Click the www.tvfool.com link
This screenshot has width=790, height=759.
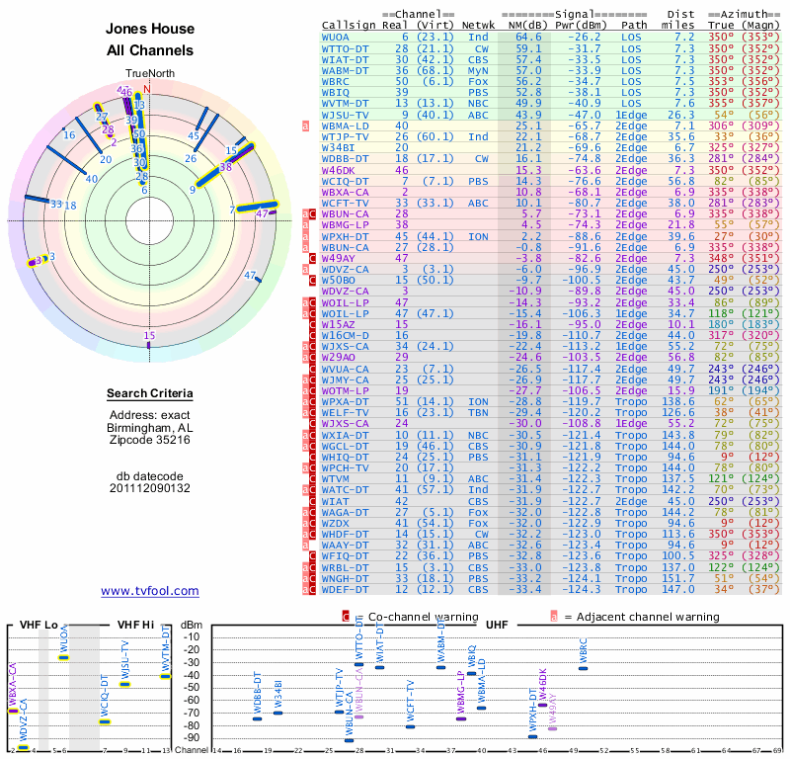tap(150, 591)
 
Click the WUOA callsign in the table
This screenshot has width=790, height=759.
tap(336, 37)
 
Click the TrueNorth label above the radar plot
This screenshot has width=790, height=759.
tap(148, 74)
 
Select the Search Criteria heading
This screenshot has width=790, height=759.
tap(150, 394)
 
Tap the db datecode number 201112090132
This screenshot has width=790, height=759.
tap(150, 487)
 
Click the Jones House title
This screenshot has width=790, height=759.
tap(150, 29)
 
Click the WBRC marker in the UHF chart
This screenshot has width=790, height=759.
tap(584, 669)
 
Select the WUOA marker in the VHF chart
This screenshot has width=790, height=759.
tap(63, 656)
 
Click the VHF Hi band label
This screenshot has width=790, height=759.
tap(136, 625)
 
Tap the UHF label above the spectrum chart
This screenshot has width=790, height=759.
tap(495, 625)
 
